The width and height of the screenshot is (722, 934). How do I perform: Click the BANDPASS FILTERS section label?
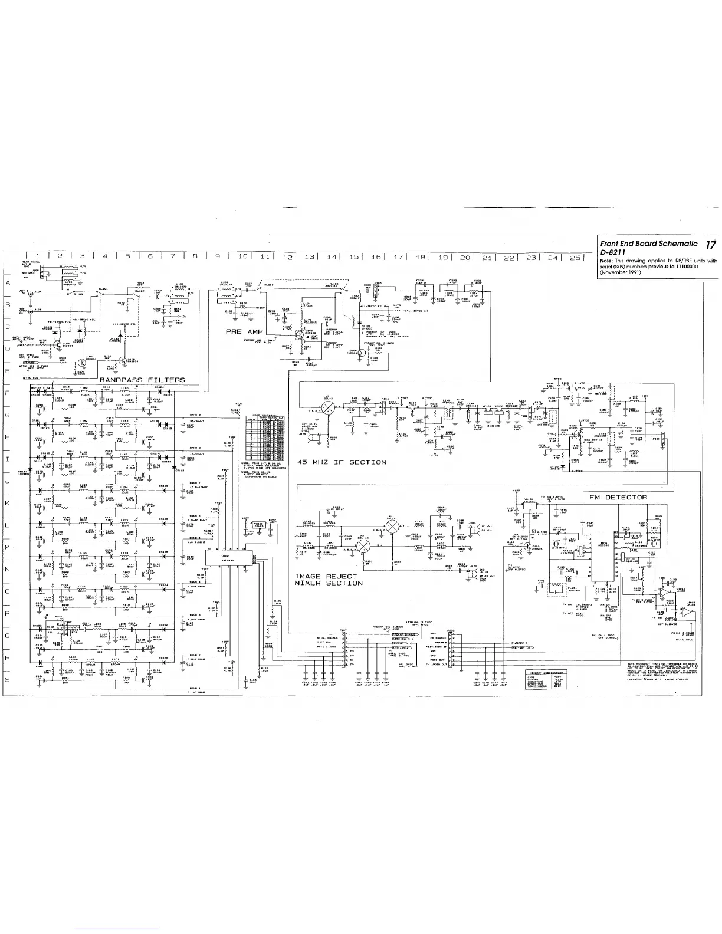(x=142, y=380)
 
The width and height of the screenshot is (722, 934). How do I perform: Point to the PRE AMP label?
(x=244, y=332)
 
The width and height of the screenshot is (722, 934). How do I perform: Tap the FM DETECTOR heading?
(x=618, y=497)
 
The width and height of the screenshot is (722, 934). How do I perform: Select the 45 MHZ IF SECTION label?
(x=342, y=462)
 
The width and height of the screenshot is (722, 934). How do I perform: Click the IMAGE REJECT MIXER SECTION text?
(x=329, y=579)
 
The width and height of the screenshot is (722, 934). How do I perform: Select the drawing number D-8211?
(x=612, y=252)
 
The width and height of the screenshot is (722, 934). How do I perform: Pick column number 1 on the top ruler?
(x=37, y=256)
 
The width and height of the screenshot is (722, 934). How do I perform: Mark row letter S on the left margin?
(x=8, y=680)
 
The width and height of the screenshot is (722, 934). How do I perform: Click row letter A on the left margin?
(x=8, y=283)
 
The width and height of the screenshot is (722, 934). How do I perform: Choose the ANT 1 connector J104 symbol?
(x=31, y=292)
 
